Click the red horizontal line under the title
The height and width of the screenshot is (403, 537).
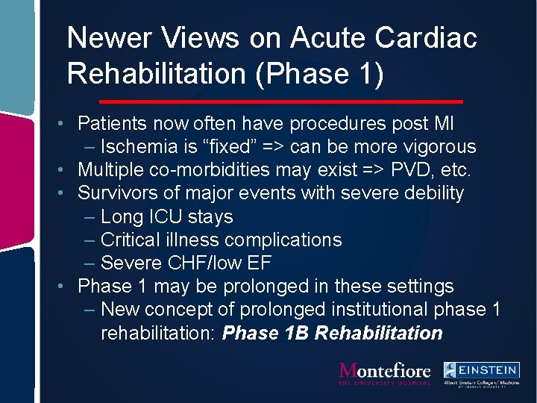click(280, 101)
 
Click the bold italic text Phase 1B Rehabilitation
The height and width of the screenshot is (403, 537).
click(333, 333)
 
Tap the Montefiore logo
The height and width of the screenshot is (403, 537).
click(385, 373)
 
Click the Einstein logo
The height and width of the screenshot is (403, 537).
click(481, 373)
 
